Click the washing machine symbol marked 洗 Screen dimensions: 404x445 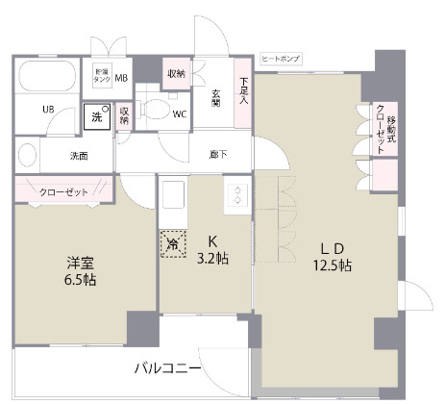[x=96, y=115]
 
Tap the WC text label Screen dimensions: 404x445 [x=179, y=114]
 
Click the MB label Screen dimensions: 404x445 [x=122, y=78]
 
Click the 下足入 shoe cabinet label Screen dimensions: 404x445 [x=244, y=90]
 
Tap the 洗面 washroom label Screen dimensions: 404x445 [x=79, y=155]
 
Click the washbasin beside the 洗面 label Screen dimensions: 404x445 [x=28, y=155]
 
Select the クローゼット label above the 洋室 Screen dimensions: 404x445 [x=63, y=192]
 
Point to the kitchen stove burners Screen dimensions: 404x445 [x=236, y=197]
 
